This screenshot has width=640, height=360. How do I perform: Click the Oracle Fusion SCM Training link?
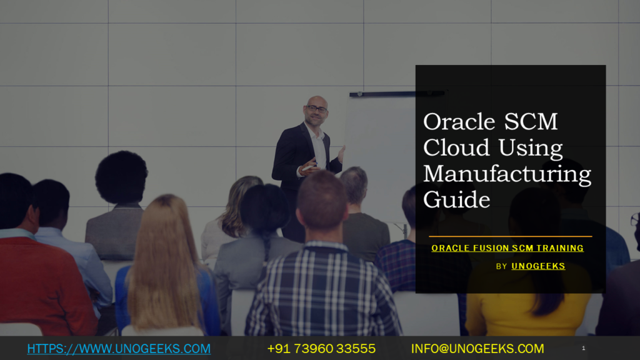tap(507, 248)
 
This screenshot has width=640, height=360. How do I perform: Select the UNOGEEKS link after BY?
tap(537, 266)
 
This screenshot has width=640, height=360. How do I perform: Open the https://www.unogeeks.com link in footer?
tap(119, 349)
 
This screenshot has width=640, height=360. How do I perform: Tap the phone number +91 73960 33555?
tap(321, 349)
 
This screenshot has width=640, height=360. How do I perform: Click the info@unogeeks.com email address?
tap(477, 349)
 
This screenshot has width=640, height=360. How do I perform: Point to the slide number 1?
tap(583, 348)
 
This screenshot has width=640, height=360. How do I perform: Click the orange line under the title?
tap(510, 236)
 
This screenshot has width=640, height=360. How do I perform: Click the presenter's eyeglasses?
tap(316, 109)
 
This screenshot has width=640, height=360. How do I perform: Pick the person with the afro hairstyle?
tap(121, 177)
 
